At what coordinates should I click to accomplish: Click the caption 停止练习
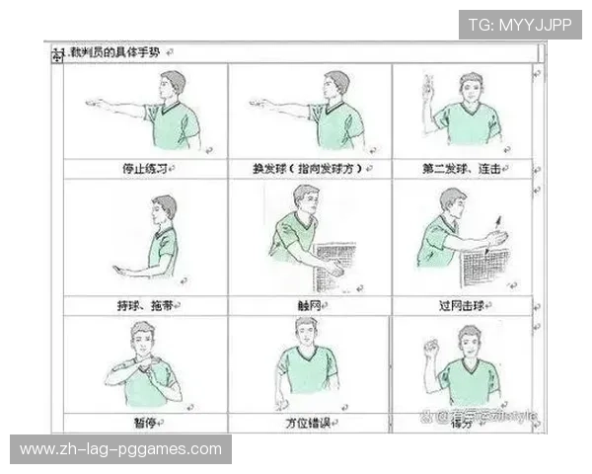click(x=144, y=169)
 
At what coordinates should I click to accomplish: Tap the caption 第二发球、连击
click(x=462, y=169)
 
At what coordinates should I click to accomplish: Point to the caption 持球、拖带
click(x=144, y=305)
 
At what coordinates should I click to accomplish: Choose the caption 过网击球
click(x=463, y=305)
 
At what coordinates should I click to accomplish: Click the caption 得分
click(x=462, y=423)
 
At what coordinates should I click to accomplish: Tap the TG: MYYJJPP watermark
click(x=520, y=25)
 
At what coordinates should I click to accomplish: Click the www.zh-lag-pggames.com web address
click(x=121, y=449)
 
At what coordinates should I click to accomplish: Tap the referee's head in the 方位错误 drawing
click(x=306, y=332)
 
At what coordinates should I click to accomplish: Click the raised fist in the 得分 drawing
click(x=429, y=347)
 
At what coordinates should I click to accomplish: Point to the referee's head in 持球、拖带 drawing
click(x=165, y=208)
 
